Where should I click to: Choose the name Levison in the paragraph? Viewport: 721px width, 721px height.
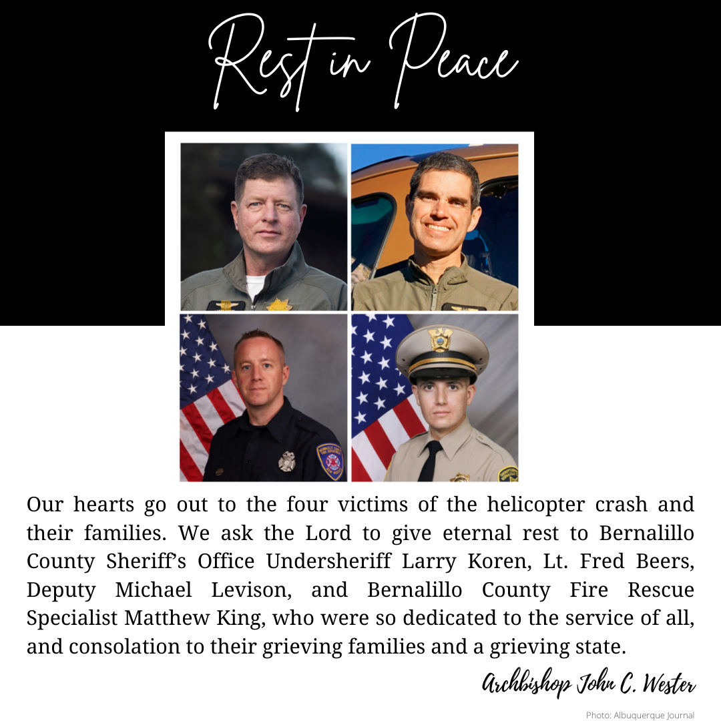[x=261, y=591]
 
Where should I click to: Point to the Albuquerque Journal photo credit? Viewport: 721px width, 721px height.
[x=640, y=715]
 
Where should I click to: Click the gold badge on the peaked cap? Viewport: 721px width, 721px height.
[x=441, y=338]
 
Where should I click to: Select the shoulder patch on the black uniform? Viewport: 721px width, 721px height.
[x=330, y=460]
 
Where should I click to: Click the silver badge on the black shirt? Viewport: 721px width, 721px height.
[x=286, y=461]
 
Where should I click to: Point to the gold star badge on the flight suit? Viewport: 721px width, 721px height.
[x=278, y=304]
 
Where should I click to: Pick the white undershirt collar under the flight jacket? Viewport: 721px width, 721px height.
[x=255, y=284]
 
